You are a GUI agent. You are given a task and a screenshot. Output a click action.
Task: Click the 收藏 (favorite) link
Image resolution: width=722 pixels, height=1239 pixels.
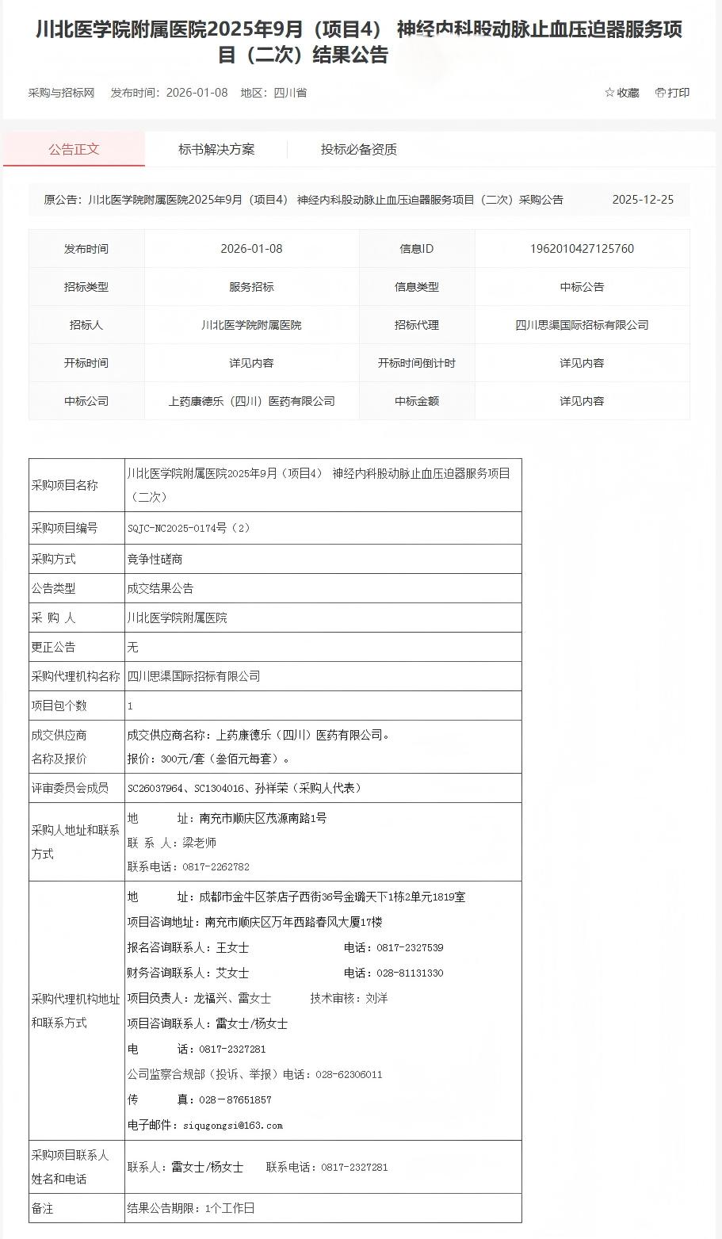[x=622, y=93]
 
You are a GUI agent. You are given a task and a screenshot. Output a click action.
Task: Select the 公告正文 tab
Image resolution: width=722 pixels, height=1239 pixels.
[x=74, y=149]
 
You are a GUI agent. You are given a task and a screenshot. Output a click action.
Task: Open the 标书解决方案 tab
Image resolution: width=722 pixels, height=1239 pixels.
[x=216, y=149]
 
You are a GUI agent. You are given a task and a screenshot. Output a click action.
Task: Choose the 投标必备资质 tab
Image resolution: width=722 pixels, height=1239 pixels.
[x=358, y=149]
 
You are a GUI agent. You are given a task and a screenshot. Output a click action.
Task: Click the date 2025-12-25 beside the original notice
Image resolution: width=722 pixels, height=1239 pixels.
[x=643, y=200]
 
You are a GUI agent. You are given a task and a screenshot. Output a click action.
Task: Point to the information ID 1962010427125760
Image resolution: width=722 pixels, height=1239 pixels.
[x=582, y=249]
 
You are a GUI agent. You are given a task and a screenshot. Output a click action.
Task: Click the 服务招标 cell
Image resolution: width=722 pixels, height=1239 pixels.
[x=251, y=287]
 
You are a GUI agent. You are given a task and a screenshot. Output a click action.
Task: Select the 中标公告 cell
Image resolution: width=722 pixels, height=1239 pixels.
[x=582, y=287]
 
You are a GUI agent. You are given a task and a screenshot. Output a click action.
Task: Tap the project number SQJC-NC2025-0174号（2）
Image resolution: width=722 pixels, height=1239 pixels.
[x=189, y=528]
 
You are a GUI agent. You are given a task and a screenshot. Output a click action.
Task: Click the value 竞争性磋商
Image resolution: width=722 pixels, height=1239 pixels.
[x=155, y=559]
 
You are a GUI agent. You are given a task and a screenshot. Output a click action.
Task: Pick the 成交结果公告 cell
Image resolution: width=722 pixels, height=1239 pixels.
[x=160, y=588]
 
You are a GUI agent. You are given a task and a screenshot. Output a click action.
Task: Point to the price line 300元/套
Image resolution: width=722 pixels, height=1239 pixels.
[x=208, y=759]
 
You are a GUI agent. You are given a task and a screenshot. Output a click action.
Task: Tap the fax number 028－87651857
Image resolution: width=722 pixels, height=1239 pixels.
[x=224, y=1100]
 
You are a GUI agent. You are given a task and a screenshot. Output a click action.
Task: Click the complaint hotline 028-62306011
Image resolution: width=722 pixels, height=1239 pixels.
[x=349, y=1075]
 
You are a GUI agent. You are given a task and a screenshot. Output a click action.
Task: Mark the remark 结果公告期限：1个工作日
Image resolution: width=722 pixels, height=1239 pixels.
[x=191, y=1208]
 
